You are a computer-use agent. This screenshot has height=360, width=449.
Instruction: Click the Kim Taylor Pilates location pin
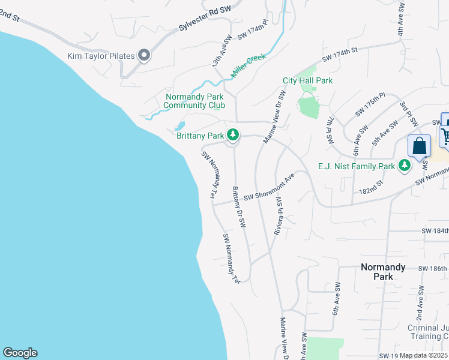click(144, 56)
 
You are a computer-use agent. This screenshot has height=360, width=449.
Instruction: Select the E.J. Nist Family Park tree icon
click(405, 166)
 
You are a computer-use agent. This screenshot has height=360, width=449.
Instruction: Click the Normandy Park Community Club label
click(195, 101)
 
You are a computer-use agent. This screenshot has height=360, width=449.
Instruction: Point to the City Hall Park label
click(307, 80)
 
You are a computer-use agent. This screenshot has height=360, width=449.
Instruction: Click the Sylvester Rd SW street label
click(205, 20)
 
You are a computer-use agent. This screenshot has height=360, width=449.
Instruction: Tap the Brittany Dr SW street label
click(239, 207)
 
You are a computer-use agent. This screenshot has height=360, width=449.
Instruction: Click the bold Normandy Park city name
click(383, 272)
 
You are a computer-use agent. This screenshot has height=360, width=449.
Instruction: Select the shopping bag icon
click(419, 146)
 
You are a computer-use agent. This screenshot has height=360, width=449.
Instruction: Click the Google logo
click(20, 353)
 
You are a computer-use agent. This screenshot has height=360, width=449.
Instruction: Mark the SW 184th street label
click(435, 231)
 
